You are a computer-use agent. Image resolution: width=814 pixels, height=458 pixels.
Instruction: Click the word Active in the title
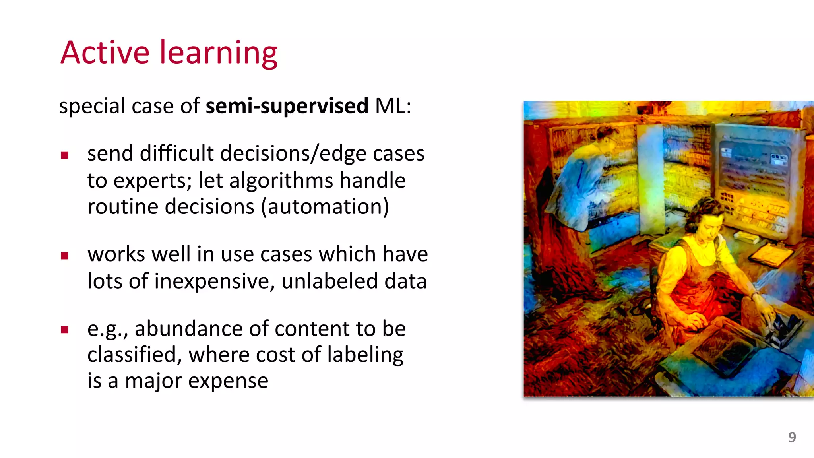point(105,52)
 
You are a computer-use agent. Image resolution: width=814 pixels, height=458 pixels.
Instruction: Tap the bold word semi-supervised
point(287,106)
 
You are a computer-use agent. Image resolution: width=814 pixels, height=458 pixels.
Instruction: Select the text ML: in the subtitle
point(393,106)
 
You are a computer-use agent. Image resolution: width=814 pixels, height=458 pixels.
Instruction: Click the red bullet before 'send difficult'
point(65,155)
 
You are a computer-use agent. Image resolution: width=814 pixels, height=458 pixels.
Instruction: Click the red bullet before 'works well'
point(65,256)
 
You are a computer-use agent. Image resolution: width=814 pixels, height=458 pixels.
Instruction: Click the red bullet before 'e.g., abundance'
point(65,330)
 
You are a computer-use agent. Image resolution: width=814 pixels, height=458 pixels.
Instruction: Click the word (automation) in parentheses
point(325,207)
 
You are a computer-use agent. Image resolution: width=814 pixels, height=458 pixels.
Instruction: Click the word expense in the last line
point(228,381)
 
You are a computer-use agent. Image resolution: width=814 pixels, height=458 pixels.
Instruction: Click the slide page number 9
point(792,437)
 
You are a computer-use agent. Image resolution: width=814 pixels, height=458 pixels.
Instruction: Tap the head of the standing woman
point(606,137)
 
